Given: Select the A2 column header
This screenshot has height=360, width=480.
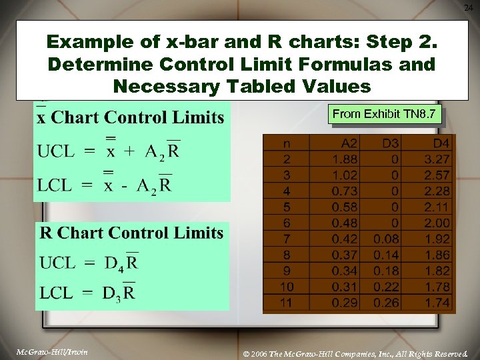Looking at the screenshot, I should click(349, 143).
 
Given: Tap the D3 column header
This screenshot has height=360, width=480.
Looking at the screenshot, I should click(390, 143).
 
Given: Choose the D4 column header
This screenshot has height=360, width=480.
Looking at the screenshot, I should click(441, 143).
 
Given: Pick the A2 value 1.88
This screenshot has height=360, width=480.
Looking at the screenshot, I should click(345, 159).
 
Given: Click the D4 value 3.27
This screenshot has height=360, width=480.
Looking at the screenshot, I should click(437, 159).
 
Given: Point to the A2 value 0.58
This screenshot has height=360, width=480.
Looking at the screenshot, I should click(345, 207).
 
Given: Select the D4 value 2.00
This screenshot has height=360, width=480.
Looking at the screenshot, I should click(437, 223).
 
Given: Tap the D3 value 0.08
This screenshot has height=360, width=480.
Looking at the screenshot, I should click(387, 239).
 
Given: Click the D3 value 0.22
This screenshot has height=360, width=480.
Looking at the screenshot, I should click(387, 287).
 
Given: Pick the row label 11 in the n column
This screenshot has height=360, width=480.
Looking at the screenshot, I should click(287, 303).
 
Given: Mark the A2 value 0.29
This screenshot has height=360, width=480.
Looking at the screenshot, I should click(345, 303).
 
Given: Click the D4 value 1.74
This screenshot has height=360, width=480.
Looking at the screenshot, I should click(437, 303).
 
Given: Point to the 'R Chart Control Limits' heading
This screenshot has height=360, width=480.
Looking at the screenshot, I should click(132, 233).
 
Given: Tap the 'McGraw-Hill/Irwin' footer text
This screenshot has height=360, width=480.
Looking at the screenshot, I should click(53, 351).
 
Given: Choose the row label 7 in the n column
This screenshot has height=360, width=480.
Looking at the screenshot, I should click(287, 239).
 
